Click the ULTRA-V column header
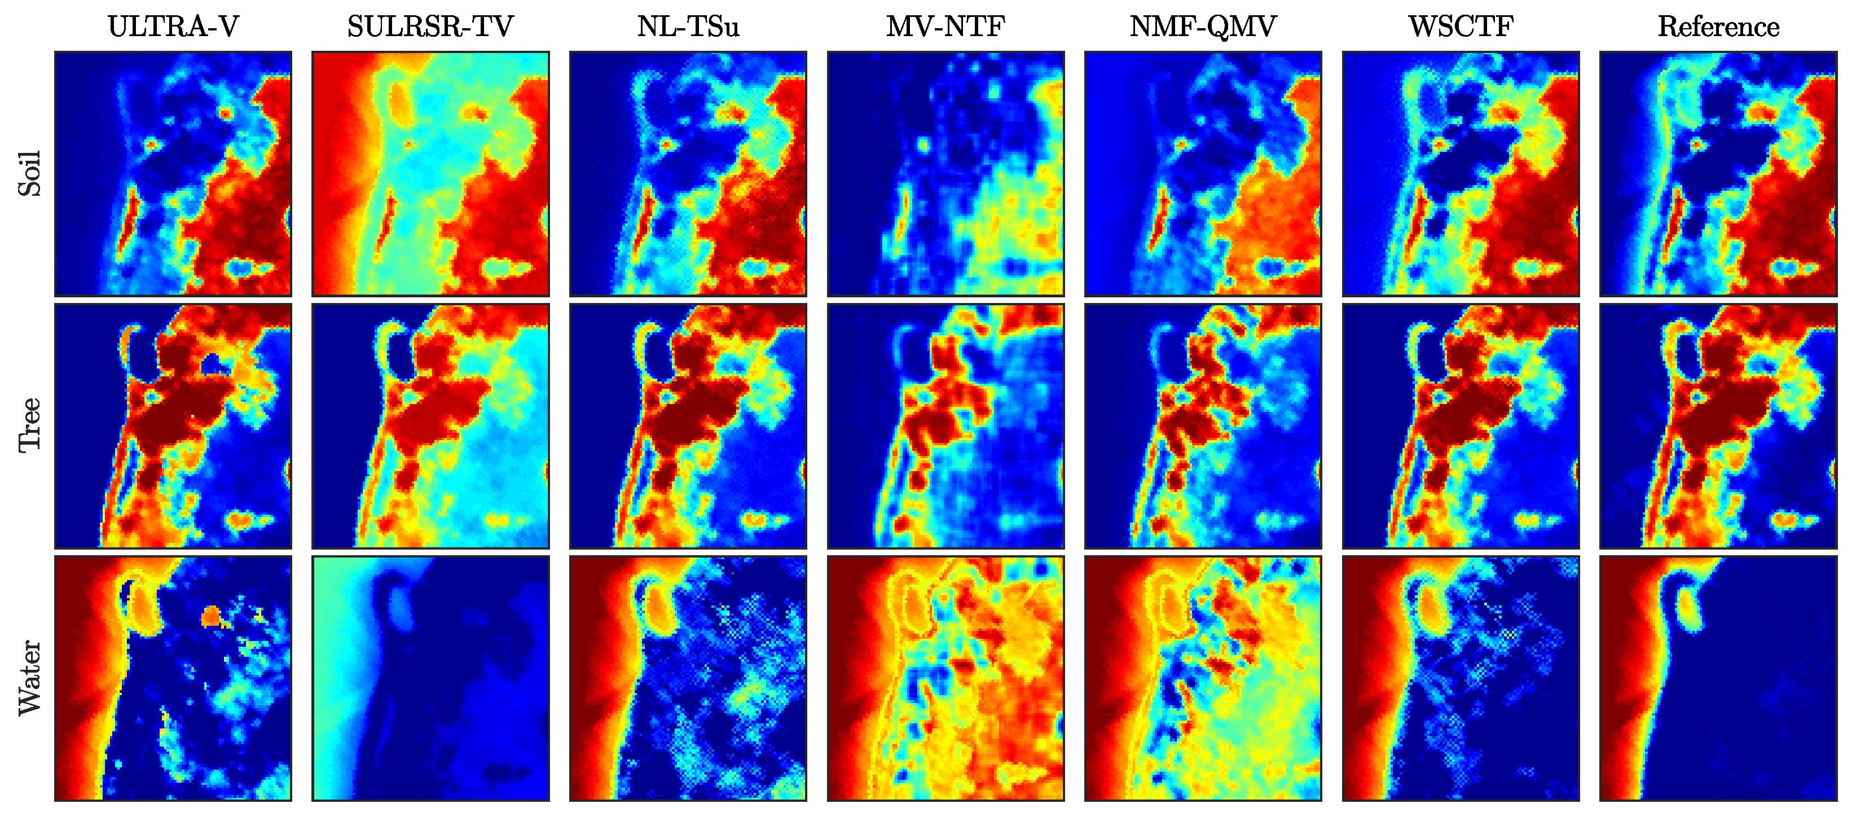[173, 27]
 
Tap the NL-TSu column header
[688, 27]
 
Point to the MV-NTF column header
[945, 27]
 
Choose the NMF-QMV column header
[1203, 27]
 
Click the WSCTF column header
[1461, 27]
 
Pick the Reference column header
[1718, 27]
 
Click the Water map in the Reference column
[1718, 678]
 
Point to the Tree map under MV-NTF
[945, 425]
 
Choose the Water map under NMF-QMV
[1203, 678]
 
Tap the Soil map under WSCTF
[1461, 174]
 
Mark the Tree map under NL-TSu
[688, 425]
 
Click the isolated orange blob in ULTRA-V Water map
[210, 616]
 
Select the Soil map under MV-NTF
[945, 174]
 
